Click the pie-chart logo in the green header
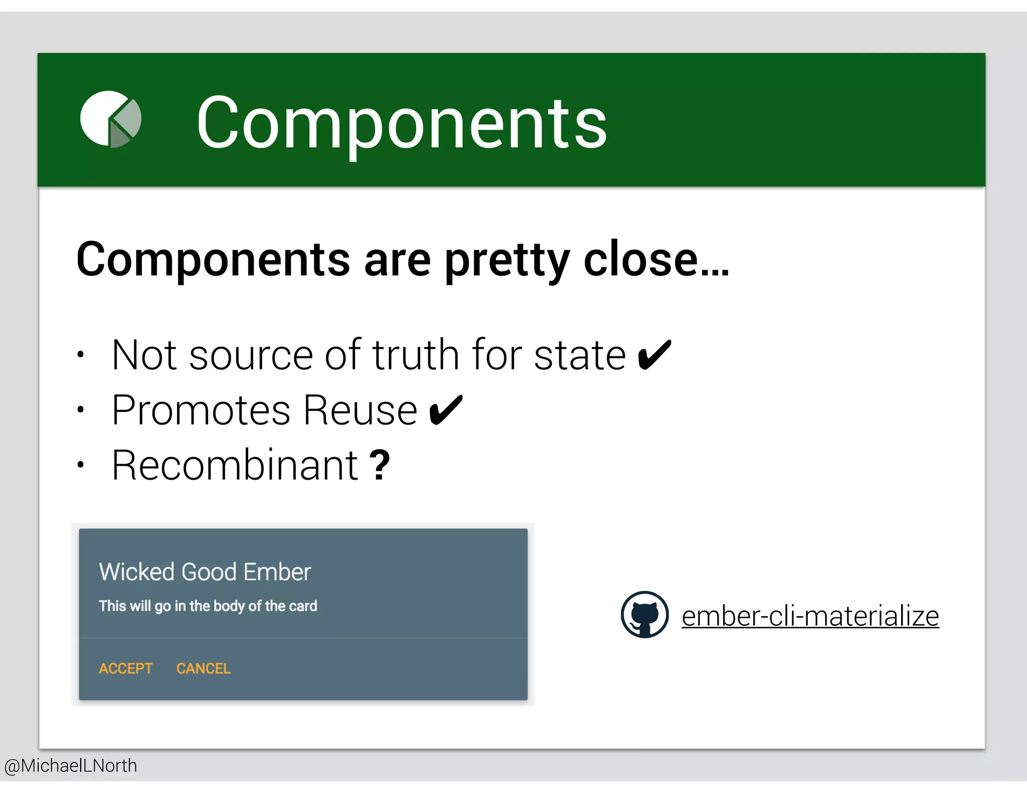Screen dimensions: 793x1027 pos(111,119)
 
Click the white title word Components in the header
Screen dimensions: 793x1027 pos(401,123)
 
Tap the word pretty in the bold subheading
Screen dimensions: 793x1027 pos(507,261)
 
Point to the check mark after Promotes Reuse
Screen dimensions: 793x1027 pos(446,410)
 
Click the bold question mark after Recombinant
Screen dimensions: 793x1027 pos(380,465)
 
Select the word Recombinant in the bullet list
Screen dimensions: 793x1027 pos(235,465)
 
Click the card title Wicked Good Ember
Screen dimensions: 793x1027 pos(205,572)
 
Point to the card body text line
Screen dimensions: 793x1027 pos(208,606)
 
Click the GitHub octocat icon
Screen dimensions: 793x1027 pos(644,615)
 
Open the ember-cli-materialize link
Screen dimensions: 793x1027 pos(810,616)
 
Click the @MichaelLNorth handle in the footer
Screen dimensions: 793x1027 pos(71,766)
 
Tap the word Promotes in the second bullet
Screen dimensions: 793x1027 pos(201,410)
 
